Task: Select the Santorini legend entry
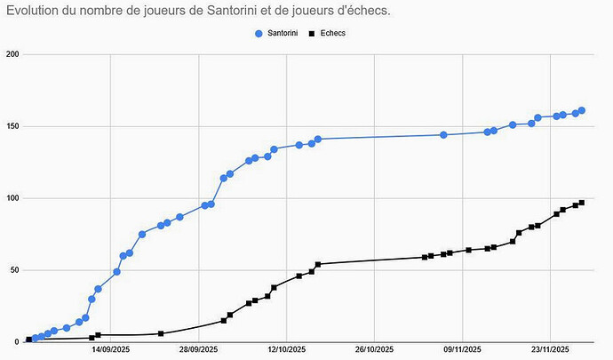click(x=283, y=33)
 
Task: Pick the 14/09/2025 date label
click(x=110, y=351)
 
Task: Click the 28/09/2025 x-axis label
click(x=198, y=351)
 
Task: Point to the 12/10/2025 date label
click(x=286, y=351)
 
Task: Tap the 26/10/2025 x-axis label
click(x=374, y=351)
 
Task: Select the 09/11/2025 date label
click(x=462, y=351)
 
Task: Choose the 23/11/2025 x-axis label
click(x=551, y=351)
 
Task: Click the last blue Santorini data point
click(x=582, y=110)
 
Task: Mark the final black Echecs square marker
click(x=582, y=203)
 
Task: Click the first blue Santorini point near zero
click(x=29, y=340)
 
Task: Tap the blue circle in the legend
click(x=259, y=33)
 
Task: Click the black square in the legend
click(x=311, y=33)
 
